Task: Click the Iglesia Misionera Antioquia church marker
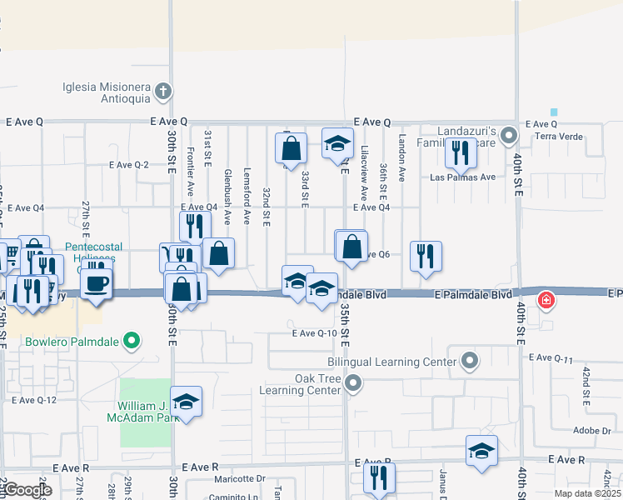click(x=163, y=90)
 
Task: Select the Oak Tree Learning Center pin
click(x=354, y=384)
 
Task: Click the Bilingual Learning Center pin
click(x=471, y=361)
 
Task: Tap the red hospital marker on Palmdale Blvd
click(x=546, y=300)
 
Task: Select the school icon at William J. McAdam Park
click(x=187, y=401)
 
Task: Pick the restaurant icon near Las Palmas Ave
click(x=461, y=152)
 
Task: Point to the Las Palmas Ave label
click(x=462, y=177)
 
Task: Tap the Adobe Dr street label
click(x=592, y=431)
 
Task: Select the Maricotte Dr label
click(x=238, y=478)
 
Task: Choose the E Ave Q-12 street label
click(x=34, y=400)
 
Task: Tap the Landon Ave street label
click(x=401, y=158)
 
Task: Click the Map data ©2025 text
click(x=586, y=493)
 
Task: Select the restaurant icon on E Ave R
click(x=379, y=478)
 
